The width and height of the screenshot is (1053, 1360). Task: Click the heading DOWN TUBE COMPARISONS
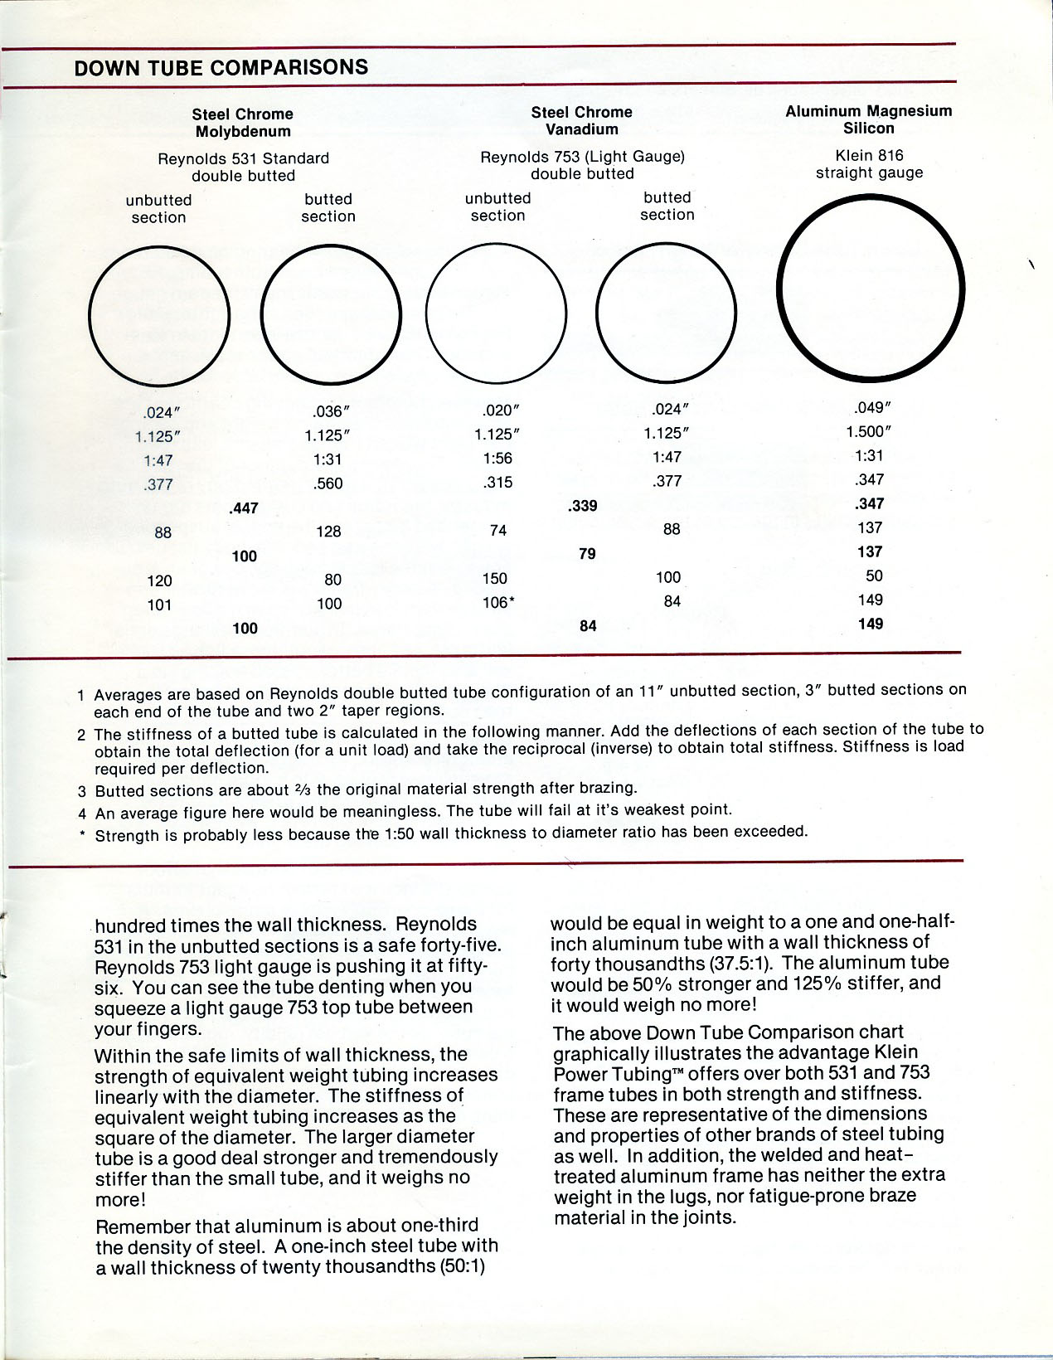click(x=221, y=68)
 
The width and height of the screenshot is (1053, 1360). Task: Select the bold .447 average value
click(x=244, y=508)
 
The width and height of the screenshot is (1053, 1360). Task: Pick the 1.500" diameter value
click(x=868, y=431)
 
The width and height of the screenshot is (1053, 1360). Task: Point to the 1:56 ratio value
click(x=498, y=459)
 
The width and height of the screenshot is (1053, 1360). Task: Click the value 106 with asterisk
click(x=498, y=603)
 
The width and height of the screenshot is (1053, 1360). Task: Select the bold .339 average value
click(x=583, y=506)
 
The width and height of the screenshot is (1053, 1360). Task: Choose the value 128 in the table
click(x=328, y=531)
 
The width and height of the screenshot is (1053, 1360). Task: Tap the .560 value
click(x=328, y=483)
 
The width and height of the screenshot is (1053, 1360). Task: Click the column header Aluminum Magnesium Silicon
click(x=868, y=119)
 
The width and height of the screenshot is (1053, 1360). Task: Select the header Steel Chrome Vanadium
click(x=581, y=120)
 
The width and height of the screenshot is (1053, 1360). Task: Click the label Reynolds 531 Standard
click(x=243, y=158)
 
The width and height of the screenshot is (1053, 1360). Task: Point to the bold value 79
click(x=587, y=553)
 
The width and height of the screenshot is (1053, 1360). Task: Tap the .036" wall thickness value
click(x=328, y=410)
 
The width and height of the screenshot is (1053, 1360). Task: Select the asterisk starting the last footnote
click(x=83, y=835)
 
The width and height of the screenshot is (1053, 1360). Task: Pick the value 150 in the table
click(x=495, y=578)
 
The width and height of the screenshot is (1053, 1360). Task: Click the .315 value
click(x=497, y=483)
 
